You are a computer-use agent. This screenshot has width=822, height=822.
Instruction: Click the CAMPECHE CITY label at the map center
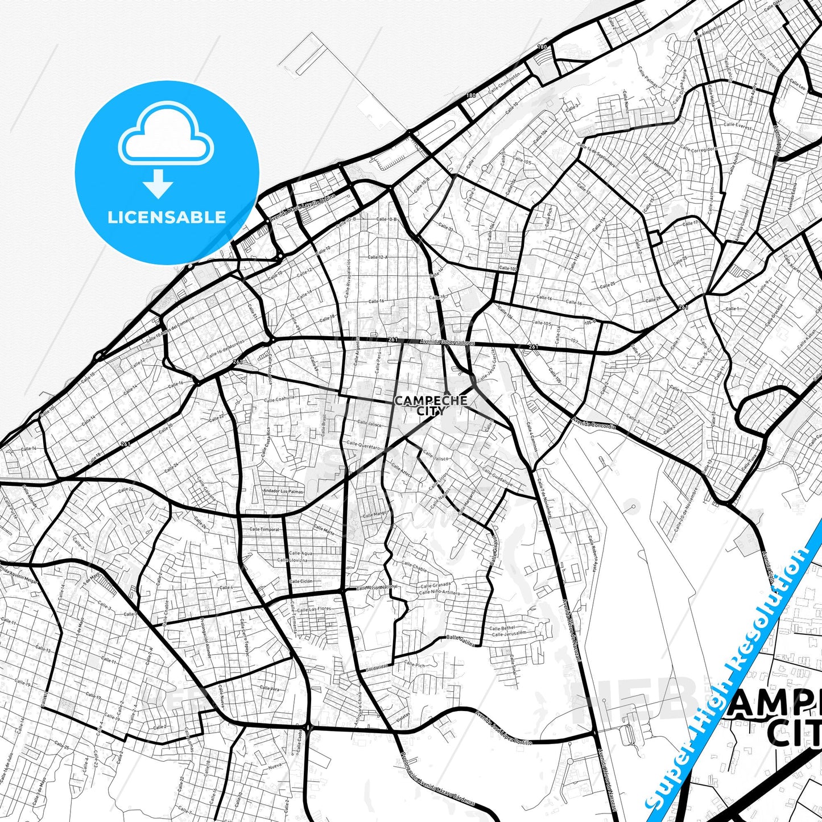(x=431, y=405)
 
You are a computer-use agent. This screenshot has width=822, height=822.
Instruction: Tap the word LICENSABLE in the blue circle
(x=167, y=217)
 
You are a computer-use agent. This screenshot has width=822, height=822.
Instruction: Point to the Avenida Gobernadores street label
(x=447, y=342)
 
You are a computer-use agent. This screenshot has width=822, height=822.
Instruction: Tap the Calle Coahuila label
(x=279, y=399)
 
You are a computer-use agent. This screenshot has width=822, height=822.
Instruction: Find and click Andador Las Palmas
(x=283, y=491)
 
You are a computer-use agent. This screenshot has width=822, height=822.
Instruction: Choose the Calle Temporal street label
(x=264, y=530)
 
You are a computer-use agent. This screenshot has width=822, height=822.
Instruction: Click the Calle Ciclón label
(x=301, y=581)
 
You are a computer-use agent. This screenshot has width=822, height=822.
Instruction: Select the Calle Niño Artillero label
(x=439, y=593)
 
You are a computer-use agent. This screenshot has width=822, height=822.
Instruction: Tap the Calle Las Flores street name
(x=313, y=609)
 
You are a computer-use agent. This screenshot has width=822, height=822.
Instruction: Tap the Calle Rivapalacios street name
(x=348, y=278)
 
